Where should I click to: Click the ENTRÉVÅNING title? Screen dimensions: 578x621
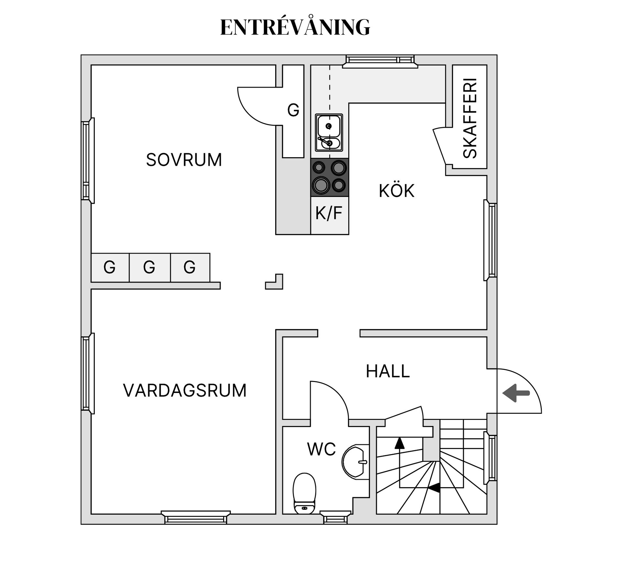coord(295,27)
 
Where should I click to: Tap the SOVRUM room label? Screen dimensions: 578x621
coord(184,160)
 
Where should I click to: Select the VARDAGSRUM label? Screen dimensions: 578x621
coord(185,390)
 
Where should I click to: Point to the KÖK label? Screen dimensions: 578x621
coord(397,191)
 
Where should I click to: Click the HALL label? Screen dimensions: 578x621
coord(388,371)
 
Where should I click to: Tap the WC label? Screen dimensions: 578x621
coord(321,449)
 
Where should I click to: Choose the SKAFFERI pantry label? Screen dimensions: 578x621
coord(470,118)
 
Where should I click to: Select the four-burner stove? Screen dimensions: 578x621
coord(329,177)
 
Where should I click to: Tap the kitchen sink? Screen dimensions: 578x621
coord(329,132)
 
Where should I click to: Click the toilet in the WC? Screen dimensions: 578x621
coord(304,493)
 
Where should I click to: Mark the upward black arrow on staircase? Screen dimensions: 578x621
coord(400,443)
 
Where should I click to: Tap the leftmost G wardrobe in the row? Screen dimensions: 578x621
coord(110,267)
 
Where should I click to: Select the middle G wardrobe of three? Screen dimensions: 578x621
coord(149,267)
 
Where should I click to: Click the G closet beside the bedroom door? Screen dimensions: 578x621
coord(293,111)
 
